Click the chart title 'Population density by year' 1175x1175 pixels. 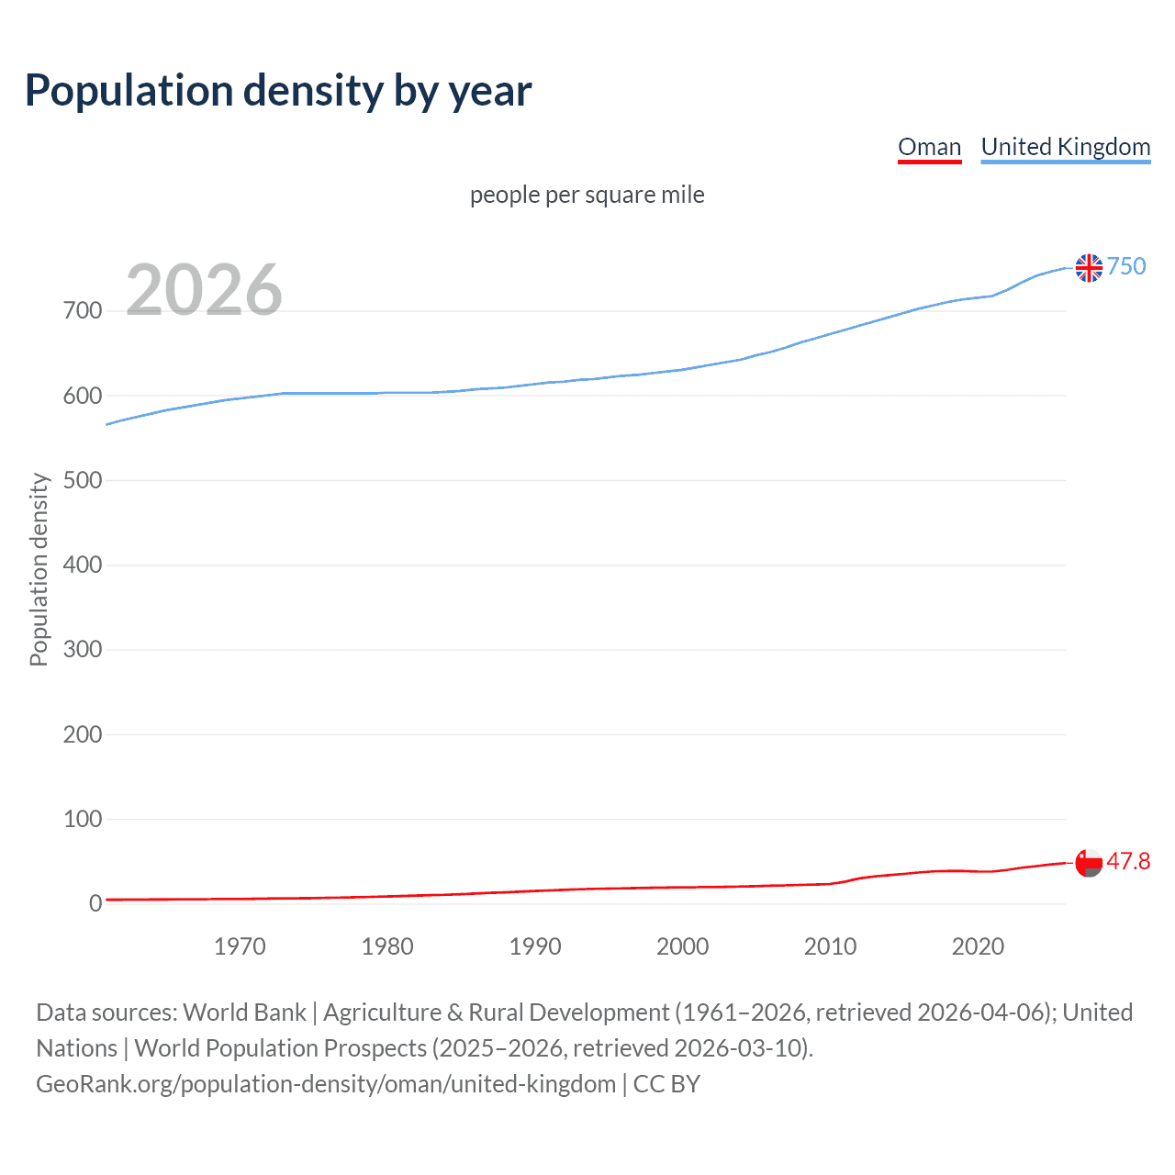click(278, 91)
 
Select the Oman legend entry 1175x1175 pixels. click(929, 147)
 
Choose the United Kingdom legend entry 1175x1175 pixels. click(1065, 147)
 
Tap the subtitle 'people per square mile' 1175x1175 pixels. click(587, 195)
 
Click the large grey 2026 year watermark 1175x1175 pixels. click(204, 290)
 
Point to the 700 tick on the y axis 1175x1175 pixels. click(83, 311)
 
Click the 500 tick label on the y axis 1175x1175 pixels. click(83, 480)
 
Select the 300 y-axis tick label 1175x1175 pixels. click(83, 650)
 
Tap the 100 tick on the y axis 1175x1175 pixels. click(83, 819)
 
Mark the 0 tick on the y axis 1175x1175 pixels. click(95, 903)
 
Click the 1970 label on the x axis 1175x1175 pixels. click(240, 946)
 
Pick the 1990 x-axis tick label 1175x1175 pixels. click(535, 946)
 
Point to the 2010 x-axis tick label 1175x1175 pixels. click(830, 946)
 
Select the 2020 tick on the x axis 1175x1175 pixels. click(978, 946)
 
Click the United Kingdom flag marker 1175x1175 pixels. click(1089, 268)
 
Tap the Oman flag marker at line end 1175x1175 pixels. click(1089, 863)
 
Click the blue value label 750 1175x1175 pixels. click(1126, 266)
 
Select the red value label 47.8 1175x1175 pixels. click(1128, 861)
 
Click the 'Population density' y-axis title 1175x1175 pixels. click(39, 569)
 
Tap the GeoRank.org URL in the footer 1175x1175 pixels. click(326, 1084)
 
